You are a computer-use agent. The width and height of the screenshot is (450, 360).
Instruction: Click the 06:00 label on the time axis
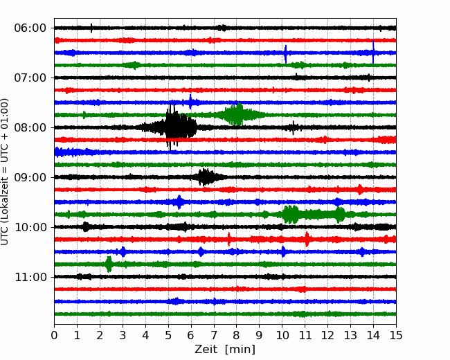tap(30, 28)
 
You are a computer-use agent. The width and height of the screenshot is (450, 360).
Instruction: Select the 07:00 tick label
tap(30, 78)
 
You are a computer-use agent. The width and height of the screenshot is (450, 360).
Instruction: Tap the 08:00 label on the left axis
tap(30, 127)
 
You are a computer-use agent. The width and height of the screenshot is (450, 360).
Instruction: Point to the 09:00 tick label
tap(30, 177)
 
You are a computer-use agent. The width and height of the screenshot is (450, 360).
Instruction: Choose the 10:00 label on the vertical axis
tap(30, 227)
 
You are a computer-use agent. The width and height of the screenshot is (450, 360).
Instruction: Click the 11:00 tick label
tap(30, 277)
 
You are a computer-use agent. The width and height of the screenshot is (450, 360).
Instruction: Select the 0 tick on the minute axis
tap(54, 335)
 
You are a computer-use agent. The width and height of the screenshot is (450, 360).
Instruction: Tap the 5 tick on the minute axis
tap(168, 335)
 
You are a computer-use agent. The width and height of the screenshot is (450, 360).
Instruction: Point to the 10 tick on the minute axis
tap(282, 335)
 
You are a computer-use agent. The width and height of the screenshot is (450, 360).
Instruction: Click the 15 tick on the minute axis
tap(396, 335)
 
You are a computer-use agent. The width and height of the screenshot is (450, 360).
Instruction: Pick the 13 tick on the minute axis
tap(350, 335)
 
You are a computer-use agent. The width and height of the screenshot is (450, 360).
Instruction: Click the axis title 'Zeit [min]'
tap(225, 350)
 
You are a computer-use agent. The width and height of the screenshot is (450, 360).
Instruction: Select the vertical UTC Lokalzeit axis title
tap(5, 172)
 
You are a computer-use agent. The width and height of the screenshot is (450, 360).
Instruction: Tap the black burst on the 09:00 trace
tap(205, 177)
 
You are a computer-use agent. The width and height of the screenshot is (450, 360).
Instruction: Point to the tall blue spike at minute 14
tap(373, 52)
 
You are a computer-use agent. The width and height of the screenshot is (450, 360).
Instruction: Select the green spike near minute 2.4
tap(109, 264)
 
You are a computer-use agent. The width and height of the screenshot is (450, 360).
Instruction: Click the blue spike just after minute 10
tap(285, 54)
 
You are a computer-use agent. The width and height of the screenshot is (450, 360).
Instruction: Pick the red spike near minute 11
tap(307, 239)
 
